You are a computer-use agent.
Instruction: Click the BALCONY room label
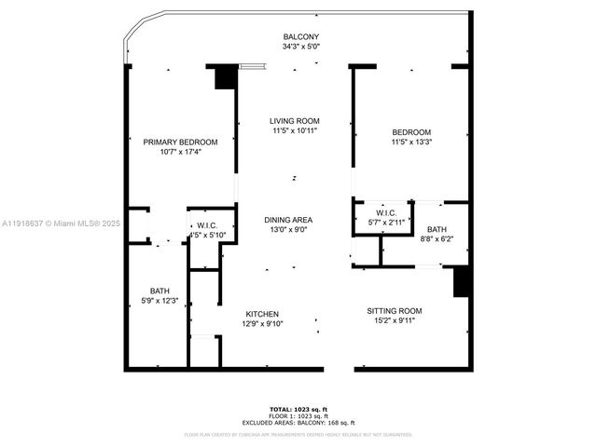(300, 37)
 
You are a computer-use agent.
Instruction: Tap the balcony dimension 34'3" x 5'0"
(300, 47)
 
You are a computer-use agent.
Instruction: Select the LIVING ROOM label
(295, 121)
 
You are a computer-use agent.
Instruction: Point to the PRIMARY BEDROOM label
(180, 142)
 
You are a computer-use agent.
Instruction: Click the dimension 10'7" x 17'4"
(180, 152)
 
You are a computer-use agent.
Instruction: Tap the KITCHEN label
(262, 314)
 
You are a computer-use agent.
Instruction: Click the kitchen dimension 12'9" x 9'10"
(262, 324)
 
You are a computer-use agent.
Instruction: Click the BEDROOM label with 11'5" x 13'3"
(411, 131)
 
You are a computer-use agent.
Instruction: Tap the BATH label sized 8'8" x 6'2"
(437, 229)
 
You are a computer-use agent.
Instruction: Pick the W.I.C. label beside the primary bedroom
(207, 225)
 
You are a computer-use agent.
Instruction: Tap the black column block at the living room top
(225, 76)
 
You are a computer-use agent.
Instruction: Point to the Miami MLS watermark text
(56, 223)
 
